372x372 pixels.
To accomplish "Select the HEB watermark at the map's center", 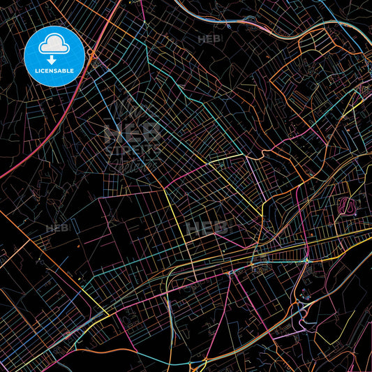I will pos(206,228).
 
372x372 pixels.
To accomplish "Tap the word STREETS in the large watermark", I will pos(133,149).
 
